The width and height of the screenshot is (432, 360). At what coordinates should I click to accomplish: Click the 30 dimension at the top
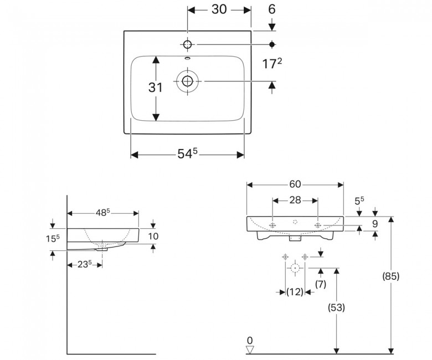click(219, 9)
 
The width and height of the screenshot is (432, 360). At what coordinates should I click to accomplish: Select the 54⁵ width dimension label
click(188, 153)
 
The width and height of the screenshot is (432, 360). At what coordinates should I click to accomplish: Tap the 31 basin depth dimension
click(156, 88)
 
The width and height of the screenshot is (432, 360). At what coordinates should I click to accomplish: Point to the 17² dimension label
click(272, 64)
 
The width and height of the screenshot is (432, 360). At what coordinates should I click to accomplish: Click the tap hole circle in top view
click(187, 44)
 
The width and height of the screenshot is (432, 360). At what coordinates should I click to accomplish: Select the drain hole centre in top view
click(187, 81)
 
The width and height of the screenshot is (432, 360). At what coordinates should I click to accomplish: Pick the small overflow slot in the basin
click(187, 58)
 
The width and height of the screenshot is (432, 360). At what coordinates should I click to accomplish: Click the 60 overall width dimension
click(295, 184)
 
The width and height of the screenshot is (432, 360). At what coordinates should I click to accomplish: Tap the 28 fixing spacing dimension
click(295, 200)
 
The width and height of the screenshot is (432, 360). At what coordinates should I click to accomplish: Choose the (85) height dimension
click(391, 276)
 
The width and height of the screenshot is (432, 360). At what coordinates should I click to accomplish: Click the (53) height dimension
click(336, 307)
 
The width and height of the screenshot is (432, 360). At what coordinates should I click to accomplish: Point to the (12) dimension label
click(295, 292)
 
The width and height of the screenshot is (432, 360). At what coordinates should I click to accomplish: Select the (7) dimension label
click(321, 284)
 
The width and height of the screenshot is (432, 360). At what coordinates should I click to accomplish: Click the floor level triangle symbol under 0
click(250, 350)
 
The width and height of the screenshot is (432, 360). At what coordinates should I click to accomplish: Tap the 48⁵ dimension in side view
click(103, 212)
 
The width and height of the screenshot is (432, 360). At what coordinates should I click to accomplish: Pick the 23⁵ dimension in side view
click(84, 264)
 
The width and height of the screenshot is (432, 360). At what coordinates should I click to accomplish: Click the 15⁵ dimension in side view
click(53, 239)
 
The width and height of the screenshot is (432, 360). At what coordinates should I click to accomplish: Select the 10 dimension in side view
click(153, 236)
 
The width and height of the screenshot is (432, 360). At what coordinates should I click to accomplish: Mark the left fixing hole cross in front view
click(272, 225)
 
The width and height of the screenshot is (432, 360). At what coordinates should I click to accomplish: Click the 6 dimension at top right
click(271, 9)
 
